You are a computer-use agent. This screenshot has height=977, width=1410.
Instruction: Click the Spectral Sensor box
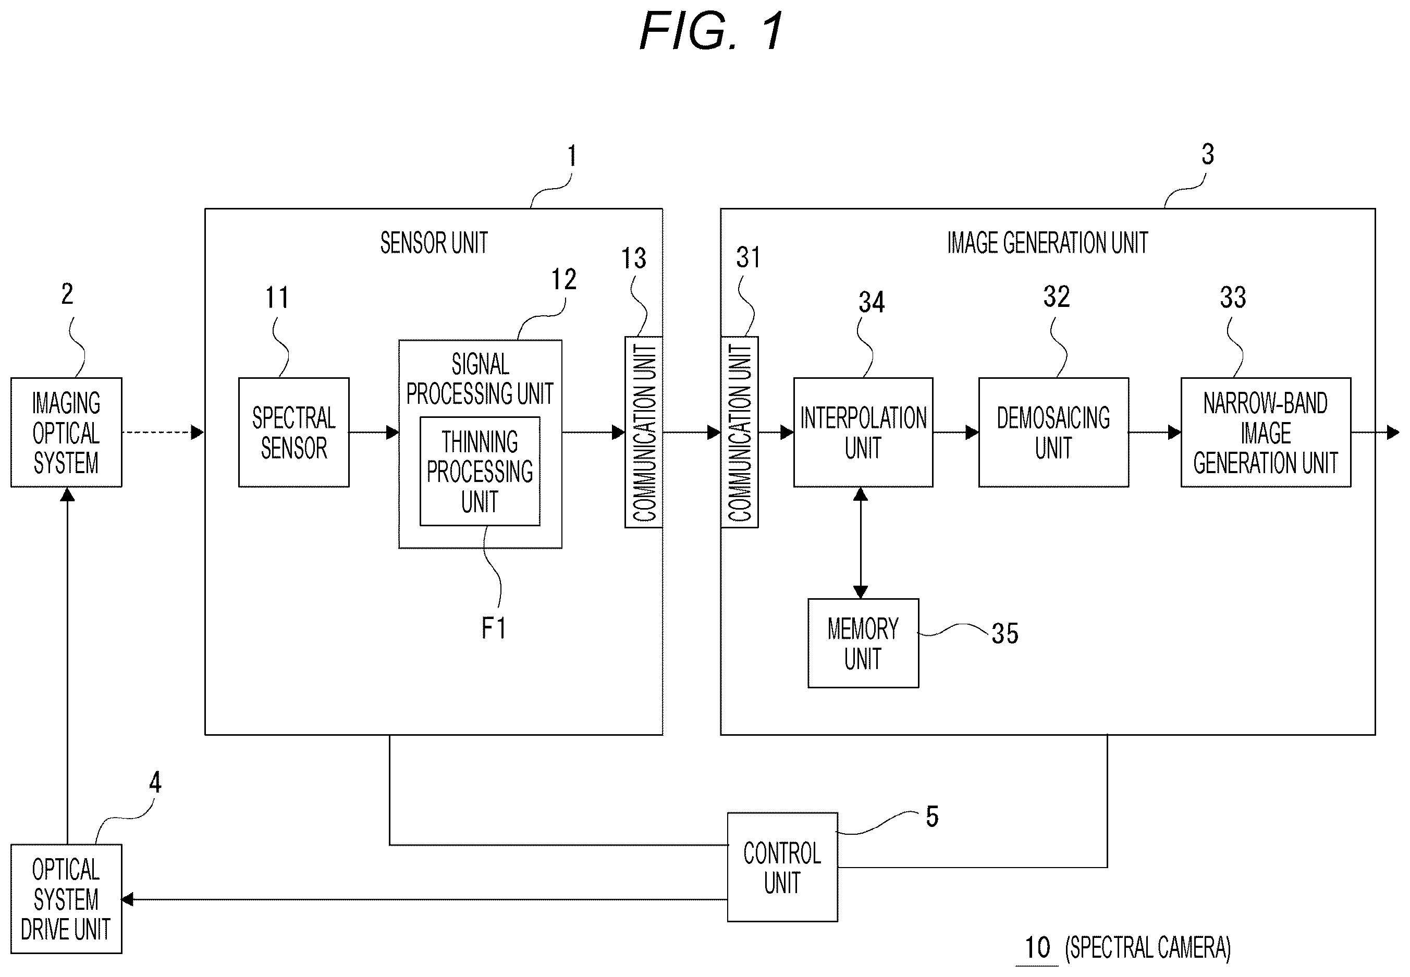294,432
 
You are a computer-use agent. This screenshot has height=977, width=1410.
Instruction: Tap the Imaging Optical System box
66,432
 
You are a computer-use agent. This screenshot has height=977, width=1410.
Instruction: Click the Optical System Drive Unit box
66,899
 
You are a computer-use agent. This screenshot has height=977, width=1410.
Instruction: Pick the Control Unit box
782,867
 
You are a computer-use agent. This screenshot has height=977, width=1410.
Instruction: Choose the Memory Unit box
863,643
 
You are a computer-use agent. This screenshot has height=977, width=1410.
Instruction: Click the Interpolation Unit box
863,432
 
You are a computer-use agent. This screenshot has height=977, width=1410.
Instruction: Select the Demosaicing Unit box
1053,432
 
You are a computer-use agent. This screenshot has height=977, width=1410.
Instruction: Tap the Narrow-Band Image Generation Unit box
1266,432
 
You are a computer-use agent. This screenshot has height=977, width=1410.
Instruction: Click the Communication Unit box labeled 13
643,431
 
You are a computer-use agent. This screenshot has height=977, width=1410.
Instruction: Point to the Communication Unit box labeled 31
740,431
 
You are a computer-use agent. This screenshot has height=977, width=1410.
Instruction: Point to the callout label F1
494,628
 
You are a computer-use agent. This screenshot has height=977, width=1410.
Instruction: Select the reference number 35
1004,634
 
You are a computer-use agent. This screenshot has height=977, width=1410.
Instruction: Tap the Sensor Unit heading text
434,242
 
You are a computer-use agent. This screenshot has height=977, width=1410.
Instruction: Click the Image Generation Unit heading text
1048,242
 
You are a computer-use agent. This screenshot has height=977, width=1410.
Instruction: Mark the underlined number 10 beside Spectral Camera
1037,948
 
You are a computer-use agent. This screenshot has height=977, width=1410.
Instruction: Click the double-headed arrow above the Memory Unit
860,543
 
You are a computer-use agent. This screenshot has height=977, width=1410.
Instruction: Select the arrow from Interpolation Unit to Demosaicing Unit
955,432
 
